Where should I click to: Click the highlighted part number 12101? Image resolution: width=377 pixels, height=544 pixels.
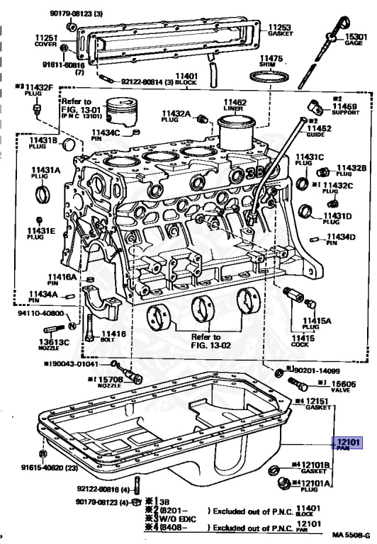[x=349, y=443]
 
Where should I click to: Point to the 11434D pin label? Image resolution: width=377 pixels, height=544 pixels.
[x=342, y=239]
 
